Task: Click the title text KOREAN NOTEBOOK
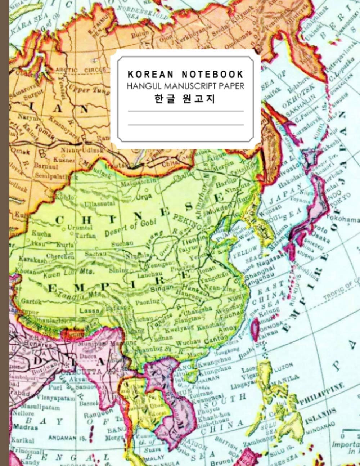pos(185,75)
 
